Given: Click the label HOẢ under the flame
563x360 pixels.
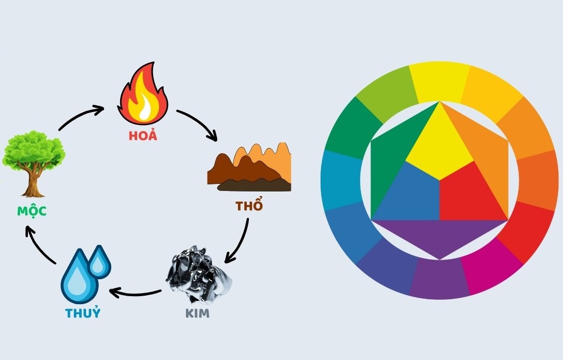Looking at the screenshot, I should coord(143,135).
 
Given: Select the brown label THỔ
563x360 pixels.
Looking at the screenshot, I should coord(249,205).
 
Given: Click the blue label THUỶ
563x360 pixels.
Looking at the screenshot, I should coord(83,313).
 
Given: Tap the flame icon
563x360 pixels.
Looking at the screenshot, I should coord(143,95).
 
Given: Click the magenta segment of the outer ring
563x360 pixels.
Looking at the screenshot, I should coord(491,269).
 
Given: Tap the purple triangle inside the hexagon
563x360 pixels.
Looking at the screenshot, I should coord(439,237).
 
